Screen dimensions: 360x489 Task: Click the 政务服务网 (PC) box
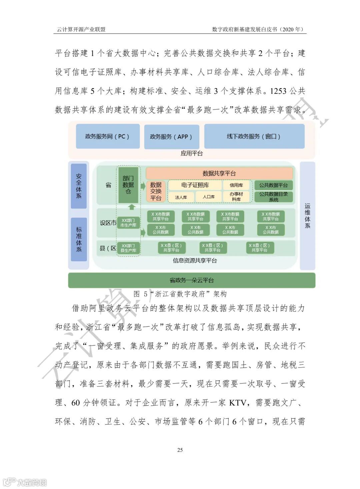[107, 136]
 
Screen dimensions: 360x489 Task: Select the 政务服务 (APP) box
[171, 137]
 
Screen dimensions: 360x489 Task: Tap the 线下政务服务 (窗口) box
[254, 136]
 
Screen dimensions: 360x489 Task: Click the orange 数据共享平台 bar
[219, 173]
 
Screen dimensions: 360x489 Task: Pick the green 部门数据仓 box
[128, 185]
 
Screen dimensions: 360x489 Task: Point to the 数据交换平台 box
[155, 191]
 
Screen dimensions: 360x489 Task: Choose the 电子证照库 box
[195, 185]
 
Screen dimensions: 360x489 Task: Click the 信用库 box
[236, 185]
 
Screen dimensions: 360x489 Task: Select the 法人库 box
[181, 197]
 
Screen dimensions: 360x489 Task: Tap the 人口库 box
[209, 197]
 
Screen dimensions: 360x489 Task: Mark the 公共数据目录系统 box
[273, 197]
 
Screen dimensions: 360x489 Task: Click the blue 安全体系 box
[79, 186]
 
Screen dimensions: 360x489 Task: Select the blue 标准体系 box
[79, 239]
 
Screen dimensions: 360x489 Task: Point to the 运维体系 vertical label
[307, 216]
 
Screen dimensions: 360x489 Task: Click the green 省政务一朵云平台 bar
[191, 280]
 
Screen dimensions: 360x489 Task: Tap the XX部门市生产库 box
[128, 223]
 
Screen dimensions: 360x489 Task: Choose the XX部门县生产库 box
[128, 248]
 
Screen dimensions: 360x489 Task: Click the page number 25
[180, 450]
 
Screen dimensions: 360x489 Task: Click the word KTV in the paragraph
[238, 403]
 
